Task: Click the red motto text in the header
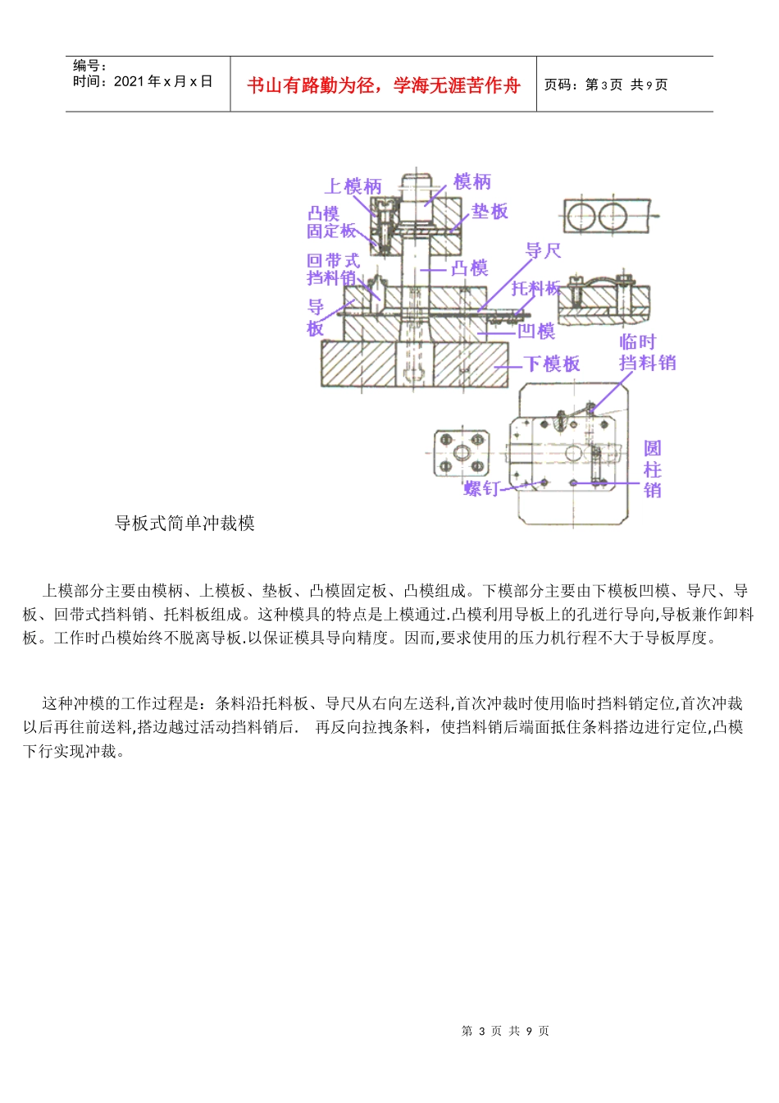383,85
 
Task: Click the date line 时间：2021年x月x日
143,81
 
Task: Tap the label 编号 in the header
89,66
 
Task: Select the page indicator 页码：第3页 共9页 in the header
606,85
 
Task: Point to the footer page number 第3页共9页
505,1031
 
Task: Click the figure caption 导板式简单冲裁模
184,523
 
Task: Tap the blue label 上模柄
353,186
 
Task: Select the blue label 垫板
490,211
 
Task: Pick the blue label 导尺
543,250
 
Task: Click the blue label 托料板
536,288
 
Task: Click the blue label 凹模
536,331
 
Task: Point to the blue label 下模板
552,364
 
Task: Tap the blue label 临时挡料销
647,352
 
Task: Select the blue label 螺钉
481,488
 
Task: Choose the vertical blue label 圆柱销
652,469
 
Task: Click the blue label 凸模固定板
330,222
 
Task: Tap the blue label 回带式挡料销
333,269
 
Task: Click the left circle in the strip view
581,217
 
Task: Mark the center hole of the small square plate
462,453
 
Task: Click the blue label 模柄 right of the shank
471,181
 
